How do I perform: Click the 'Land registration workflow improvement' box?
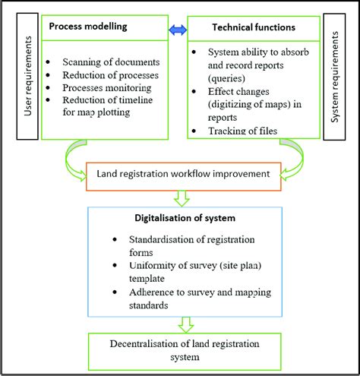coord(182,174)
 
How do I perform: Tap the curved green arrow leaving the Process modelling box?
coord(74,156)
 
